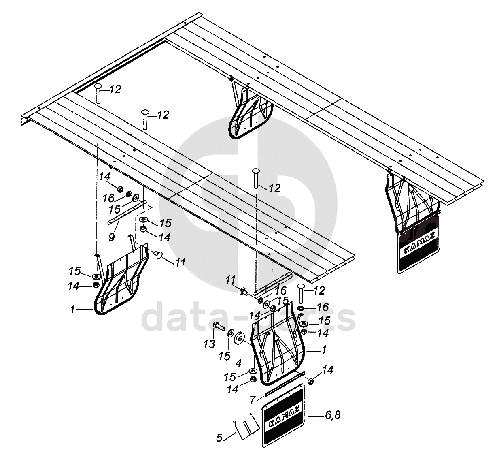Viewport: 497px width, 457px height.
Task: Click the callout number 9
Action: [x=112, y=237]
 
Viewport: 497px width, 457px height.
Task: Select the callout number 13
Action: [x=209, y=344]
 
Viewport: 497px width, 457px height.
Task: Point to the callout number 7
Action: [x=253, y=400]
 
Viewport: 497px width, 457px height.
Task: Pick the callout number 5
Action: [x=219, y=438]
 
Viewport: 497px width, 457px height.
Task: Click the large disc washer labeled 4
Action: [x=240, y=337]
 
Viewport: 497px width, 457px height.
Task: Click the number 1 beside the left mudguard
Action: [x=72, y=310]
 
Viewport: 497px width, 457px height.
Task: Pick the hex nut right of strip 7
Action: [x=311, y=381]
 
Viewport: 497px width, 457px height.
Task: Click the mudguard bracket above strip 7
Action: [x=277, y=348]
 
